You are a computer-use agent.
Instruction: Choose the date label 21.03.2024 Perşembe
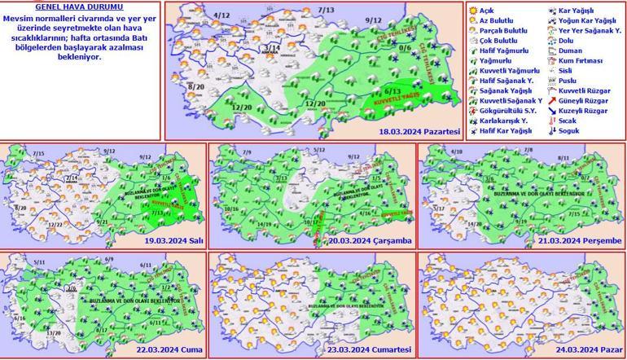pos(581,241)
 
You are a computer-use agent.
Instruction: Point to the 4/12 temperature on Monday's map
pos(199,15)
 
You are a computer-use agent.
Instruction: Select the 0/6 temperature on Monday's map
pos(405,47)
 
